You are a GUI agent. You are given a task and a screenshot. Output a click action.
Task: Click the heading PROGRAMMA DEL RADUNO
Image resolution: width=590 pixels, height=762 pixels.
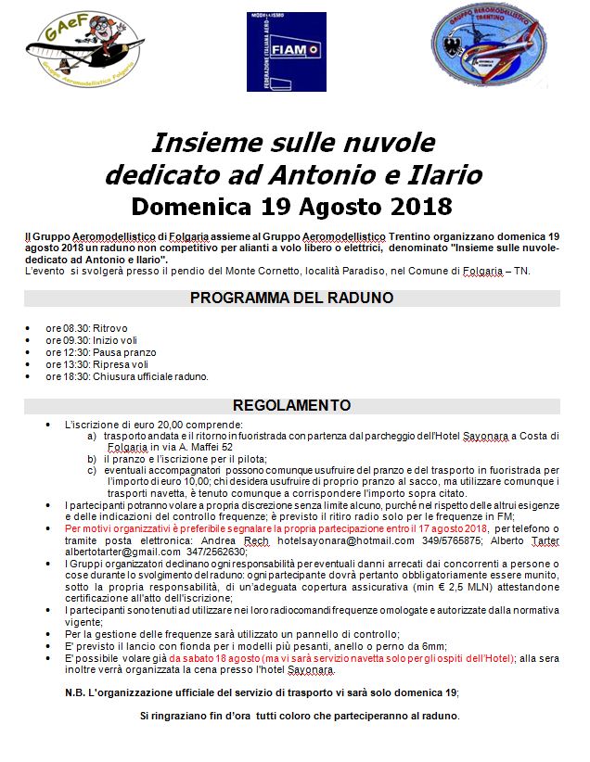292,298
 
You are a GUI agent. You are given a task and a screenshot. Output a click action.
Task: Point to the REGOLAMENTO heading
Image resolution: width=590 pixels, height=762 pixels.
292,406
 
